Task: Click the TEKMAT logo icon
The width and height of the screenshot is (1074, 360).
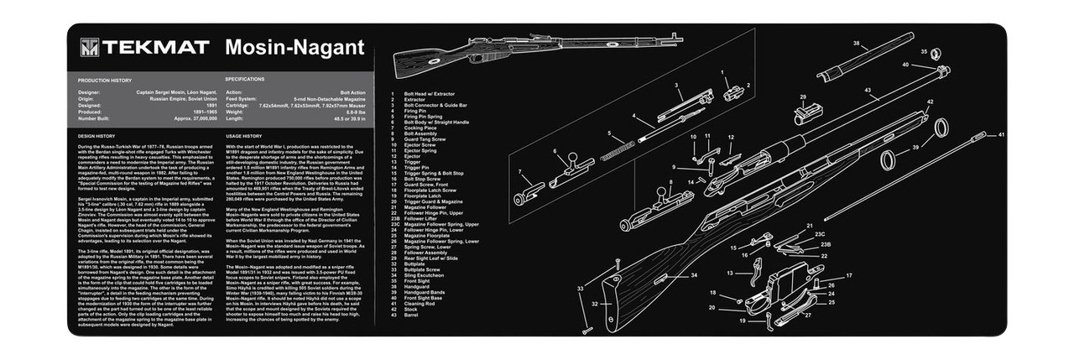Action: click(89, 48)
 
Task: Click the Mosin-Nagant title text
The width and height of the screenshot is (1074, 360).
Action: click(295, 47)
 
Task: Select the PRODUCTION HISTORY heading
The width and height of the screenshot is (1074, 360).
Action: click(105, 80)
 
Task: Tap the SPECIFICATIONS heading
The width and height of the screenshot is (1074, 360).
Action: click(245, 80)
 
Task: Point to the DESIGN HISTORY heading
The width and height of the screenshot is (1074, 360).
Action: click(96, 135)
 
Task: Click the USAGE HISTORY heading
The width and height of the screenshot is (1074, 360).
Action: click(244, 135)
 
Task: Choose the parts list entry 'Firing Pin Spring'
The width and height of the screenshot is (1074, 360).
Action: click(426, 116)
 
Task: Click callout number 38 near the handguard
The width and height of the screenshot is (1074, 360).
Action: click(857, 42)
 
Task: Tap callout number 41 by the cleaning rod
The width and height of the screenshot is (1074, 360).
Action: click(1000, 134)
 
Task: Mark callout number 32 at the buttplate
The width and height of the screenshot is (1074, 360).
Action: click(594, 303)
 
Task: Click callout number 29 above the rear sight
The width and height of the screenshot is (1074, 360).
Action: click(802, 97)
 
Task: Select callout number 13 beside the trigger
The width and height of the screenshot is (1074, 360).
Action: click(730, 273)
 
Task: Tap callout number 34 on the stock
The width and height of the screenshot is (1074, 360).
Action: click(694, 274)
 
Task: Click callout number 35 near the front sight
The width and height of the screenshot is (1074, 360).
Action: click(925, 52)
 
